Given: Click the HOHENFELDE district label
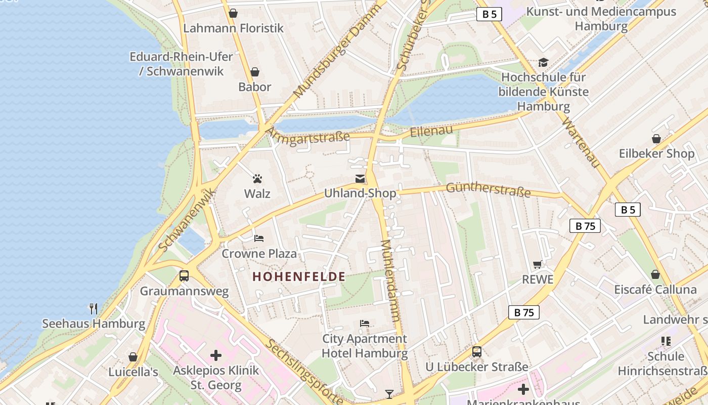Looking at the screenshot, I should coord(298,277).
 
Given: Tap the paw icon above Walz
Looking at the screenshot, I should coord(257,179).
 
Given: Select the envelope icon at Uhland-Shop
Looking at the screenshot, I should coord(360,179).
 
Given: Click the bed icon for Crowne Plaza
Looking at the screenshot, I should coord(259,238).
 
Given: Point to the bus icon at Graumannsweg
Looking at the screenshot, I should coord(184,276).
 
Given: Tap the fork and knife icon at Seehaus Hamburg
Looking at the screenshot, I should coord(94,308).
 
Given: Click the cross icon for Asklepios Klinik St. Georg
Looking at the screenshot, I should coord(216,355).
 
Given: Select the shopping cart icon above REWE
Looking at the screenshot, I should coord(538,264).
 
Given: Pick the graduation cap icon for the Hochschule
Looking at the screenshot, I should coord(543,62).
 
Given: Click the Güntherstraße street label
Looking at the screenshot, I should coord(488,190).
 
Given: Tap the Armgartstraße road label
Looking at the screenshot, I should coord(307,136).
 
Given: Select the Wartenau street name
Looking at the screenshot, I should coord(580,143).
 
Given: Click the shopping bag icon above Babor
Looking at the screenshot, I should coord(255,72).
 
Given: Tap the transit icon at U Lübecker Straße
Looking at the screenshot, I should coord(476,352).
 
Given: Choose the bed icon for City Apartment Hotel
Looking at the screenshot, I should coord(365,323).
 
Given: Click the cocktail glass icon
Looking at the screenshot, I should coord(389,394).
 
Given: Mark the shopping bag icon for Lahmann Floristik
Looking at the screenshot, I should coord(233,13).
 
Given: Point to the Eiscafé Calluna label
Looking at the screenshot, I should coord(655,290).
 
